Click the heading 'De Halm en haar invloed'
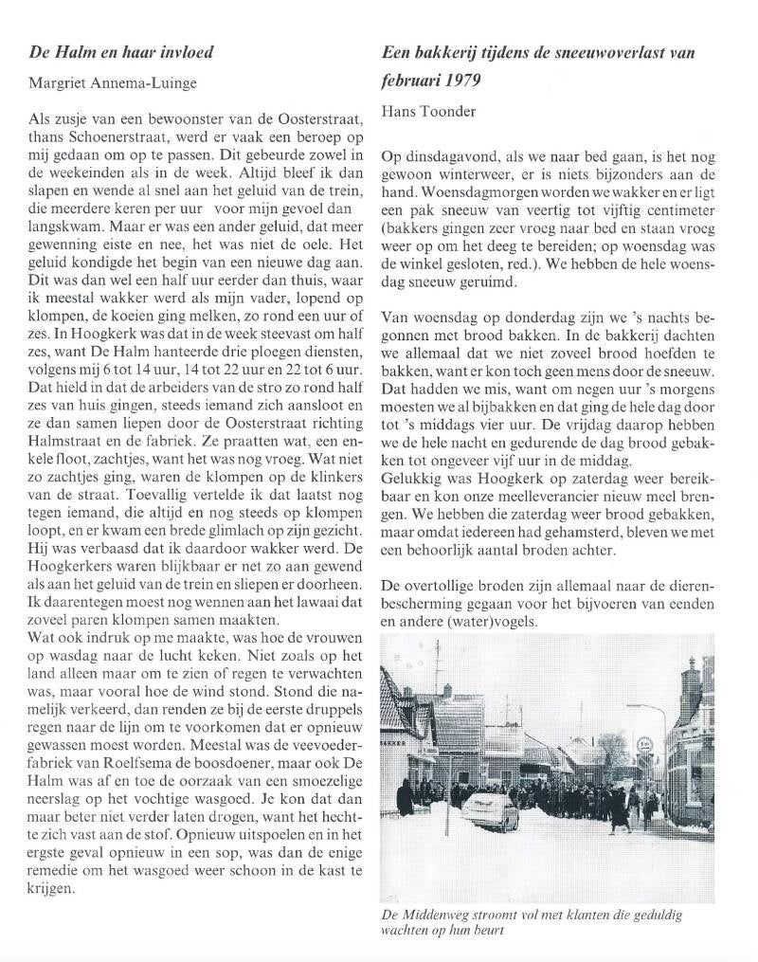tap(122, 52)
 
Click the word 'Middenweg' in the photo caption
tap(443, 916)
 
